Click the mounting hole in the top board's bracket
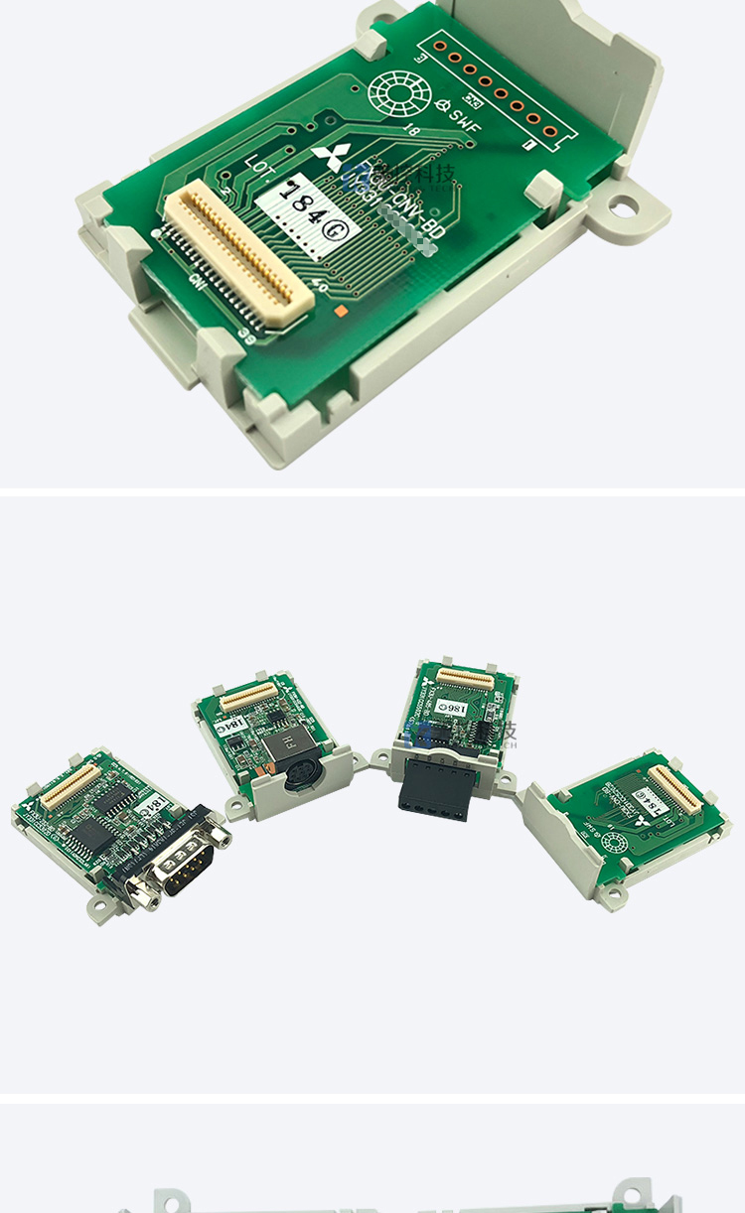pyautogui.click(x=624, y=207)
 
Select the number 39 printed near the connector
pyautogui.click(x=246, y=337)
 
